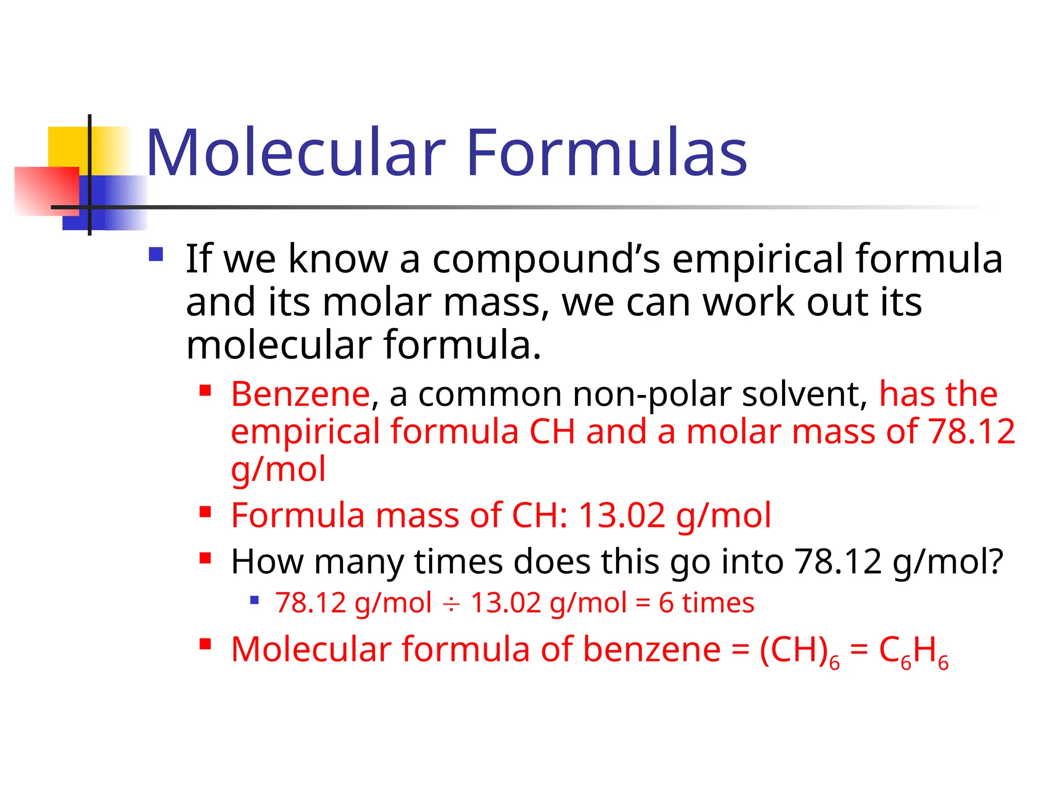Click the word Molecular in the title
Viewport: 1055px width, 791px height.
(296, 153)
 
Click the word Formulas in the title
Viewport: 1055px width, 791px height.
(606, 153)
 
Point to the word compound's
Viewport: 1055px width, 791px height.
(546, 259)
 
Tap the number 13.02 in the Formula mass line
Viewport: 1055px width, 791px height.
(622, 515)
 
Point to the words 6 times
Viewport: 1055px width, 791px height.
(706, 603)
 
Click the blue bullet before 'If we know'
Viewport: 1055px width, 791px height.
(156, 254)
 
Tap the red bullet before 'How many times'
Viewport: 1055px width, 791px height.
(206, 558)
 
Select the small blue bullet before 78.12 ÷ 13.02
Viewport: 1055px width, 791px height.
(254, 600)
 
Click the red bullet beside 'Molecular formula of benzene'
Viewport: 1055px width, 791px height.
(206, 644)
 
